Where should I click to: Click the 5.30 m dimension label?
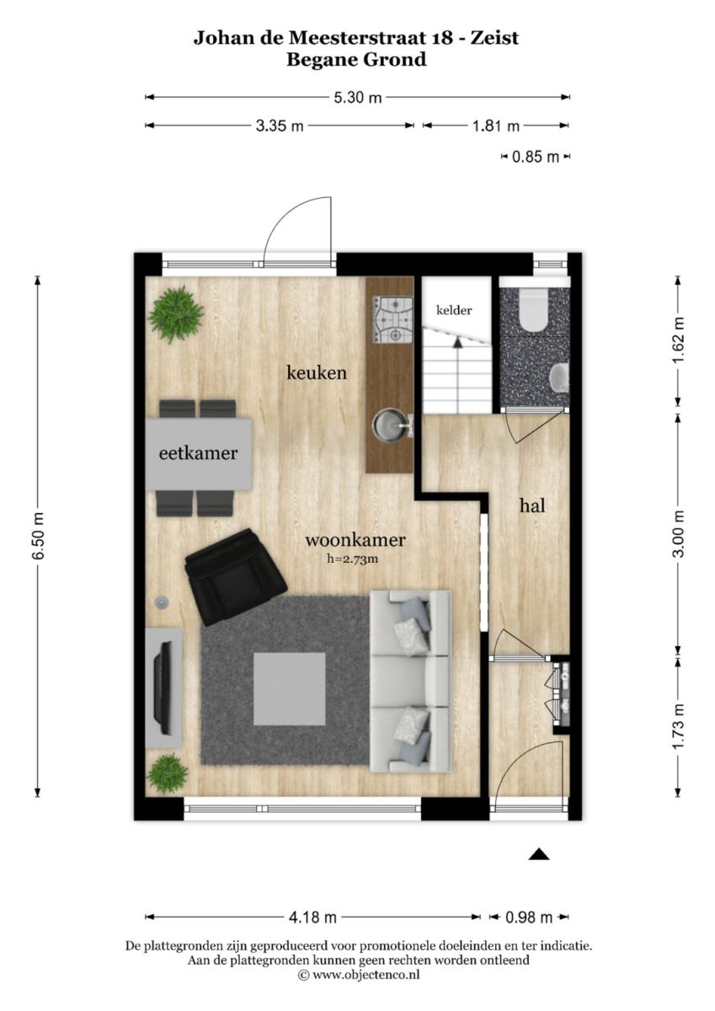point(357,97)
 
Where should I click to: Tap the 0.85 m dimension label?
point(536,157)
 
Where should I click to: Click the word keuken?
point(317,372)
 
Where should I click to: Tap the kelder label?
point(454,310)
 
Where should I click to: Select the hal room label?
point(532,505)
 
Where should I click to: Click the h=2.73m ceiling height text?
point(352,559)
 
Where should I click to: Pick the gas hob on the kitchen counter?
point(392,319)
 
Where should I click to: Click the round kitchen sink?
point(388,424)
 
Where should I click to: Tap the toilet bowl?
point(534,308)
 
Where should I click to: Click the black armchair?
point(236,577)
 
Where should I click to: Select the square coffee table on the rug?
point(289,689)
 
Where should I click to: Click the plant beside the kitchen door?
point(175,314)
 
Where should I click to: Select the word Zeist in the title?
point(494,38)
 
